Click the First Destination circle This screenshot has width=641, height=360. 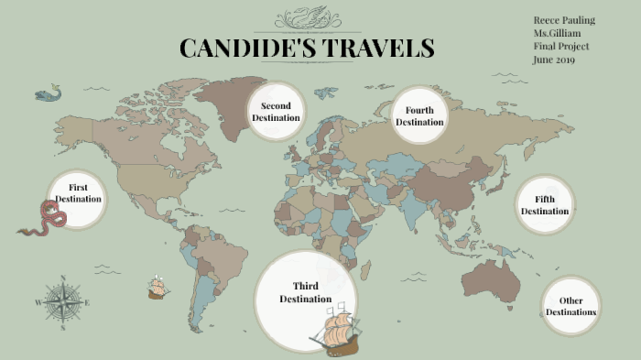click(78, 193)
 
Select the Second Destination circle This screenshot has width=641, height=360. click(276, 112)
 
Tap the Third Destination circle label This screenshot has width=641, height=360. click(305, 292)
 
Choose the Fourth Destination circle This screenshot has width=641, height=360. click(419, 116)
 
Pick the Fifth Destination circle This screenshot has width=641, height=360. click(545, 205)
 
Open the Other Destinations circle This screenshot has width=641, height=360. click(570, 306)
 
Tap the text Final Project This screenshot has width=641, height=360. click(560, 47)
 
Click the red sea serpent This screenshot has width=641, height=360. click(46, 221)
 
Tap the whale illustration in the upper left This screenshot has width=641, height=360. click(48, 93)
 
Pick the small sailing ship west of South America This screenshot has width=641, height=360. click(158, 289)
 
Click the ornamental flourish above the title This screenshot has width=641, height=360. click(307, 17)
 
